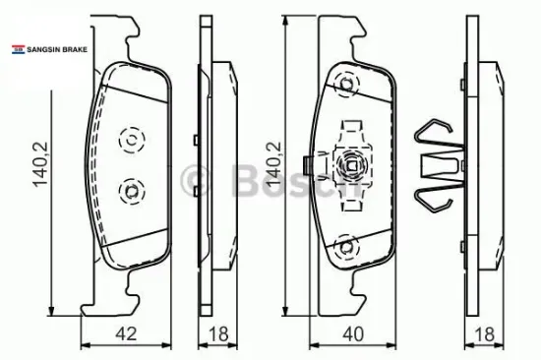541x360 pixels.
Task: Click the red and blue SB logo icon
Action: pyautogui.click(x=19, y=50)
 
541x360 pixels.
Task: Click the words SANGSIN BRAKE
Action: pyautogui.click(x=57, y=50)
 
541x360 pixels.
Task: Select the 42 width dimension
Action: pyautogui.click(x=126, y=333)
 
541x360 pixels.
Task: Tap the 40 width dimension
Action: pyautogui.click(x=353, y=333)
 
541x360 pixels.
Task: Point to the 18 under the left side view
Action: pyautogui.click(x=218, y=333)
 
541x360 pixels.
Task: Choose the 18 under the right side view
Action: pyautogui.click(x=484, y=333)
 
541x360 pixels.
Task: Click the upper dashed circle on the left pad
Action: pyautogui.click(x=132, y=140)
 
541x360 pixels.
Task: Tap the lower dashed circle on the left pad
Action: pyautogui.click(x=132, y=191)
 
